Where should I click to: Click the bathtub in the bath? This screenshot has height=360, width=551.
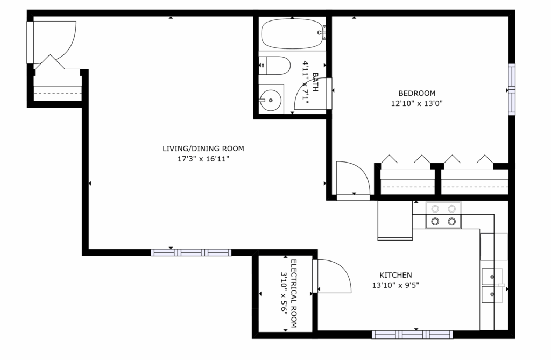292,34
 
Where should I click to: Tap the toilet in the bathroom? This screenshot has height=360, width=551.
274,66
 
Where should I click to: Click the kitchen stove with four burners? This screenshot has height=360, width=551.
443,215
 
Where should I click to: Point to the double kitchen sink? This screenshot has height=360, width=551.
492,285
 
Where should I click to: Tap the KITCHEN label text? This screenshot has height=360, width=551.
395,274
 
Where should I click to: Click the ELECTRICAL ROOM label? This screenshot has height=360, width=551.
294,293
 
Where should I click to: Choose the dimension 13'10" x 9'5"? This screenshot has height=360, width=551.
395,285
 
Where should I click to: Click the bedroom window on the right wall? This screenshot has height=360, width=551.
512,89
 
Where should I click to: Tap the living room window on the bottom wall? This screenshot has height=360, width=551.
191,252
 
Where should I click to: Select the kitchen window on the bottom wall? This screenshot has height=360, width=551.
412,335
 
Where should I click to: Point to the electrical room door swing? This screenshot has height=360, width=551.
333,276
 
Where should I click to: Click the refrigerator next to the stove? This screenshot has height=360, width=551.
395,220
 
